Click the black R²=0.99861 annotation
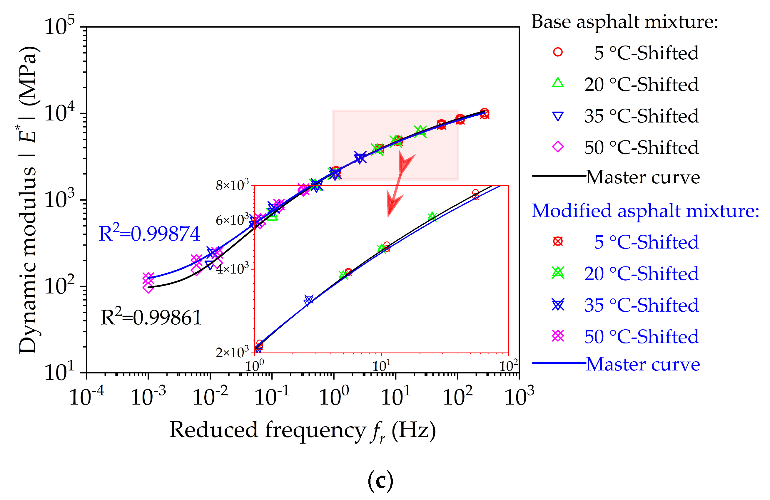(151, 318)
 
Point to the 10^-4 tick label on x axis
(86, 396)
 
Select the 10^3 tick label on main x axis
(519, 396)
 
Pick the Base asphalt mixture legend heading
(624, 22)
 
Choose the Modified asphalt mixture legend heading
(645, 211)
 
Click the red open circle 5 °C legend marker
(558, 52)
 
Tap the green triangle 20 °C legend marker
(558, 83)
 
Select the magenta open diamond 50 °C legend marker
(558, 147)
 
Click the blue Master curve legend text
(642, 364)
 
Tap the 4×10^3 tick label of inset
(232, 268)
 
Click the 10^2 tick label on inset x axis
(509, 366)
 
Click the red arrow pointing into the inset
(400, 184)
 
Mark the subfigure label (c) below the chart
(380, 481)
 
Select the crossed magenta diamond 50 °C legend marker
(558, 336)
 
